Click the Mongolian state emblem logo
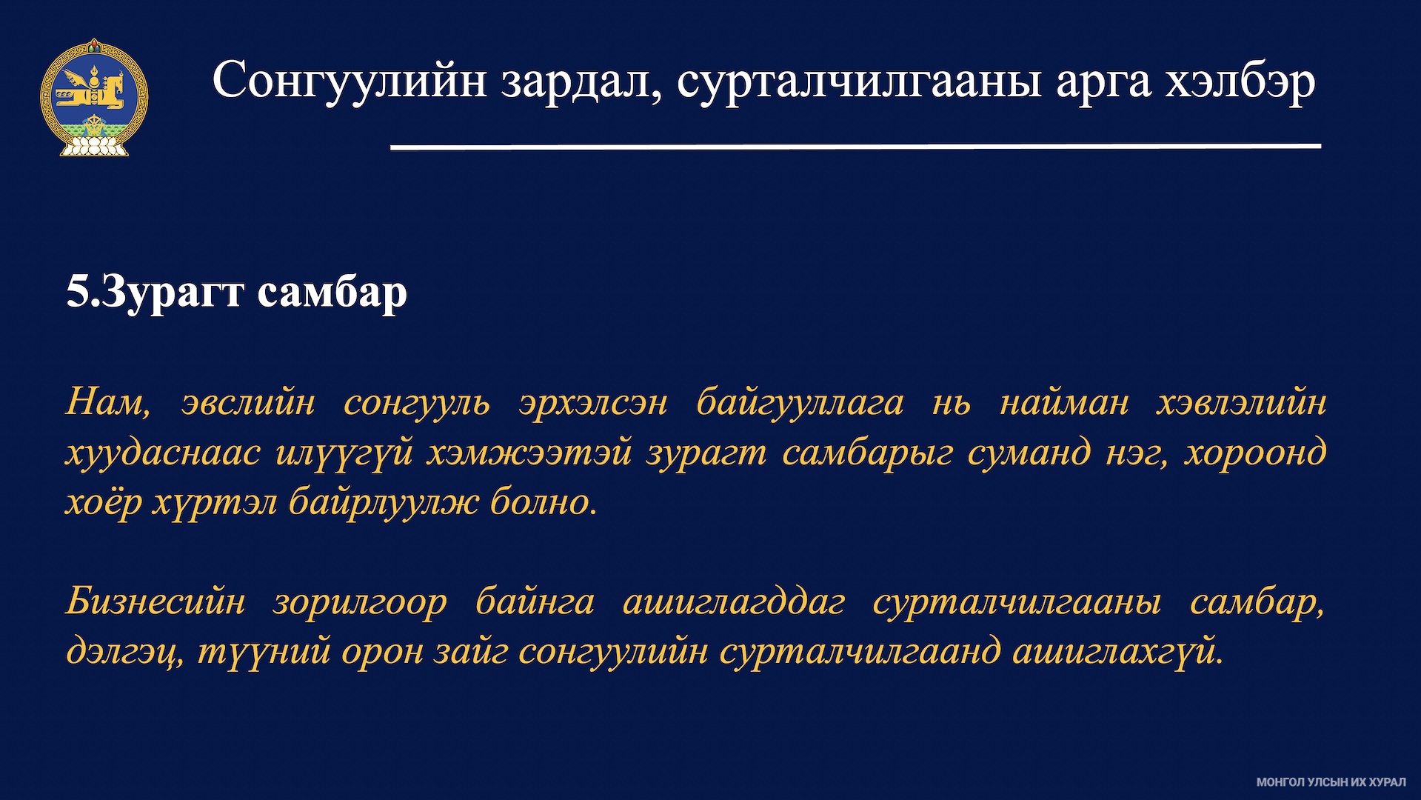[x=94, y=97]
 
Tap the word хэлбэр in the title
[x=1240, y=81]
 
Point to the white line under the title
[x=856, y=147]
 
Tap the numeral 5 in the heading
[x=77, y=291]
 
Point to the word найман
[x=1064, y=403]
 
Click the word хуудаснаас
[x=163, y=452]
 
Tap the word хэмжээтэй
[x=529, y=453]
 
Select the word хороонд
[x=1255, y=451]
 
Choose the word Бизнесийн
[x=156, y=601]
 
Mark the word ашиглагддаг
[x=734, y=601]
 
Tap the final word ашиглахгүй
[x=1117, y=651]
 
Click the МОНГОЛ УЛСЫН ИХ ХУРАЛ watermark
[x=1331, y=782]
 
